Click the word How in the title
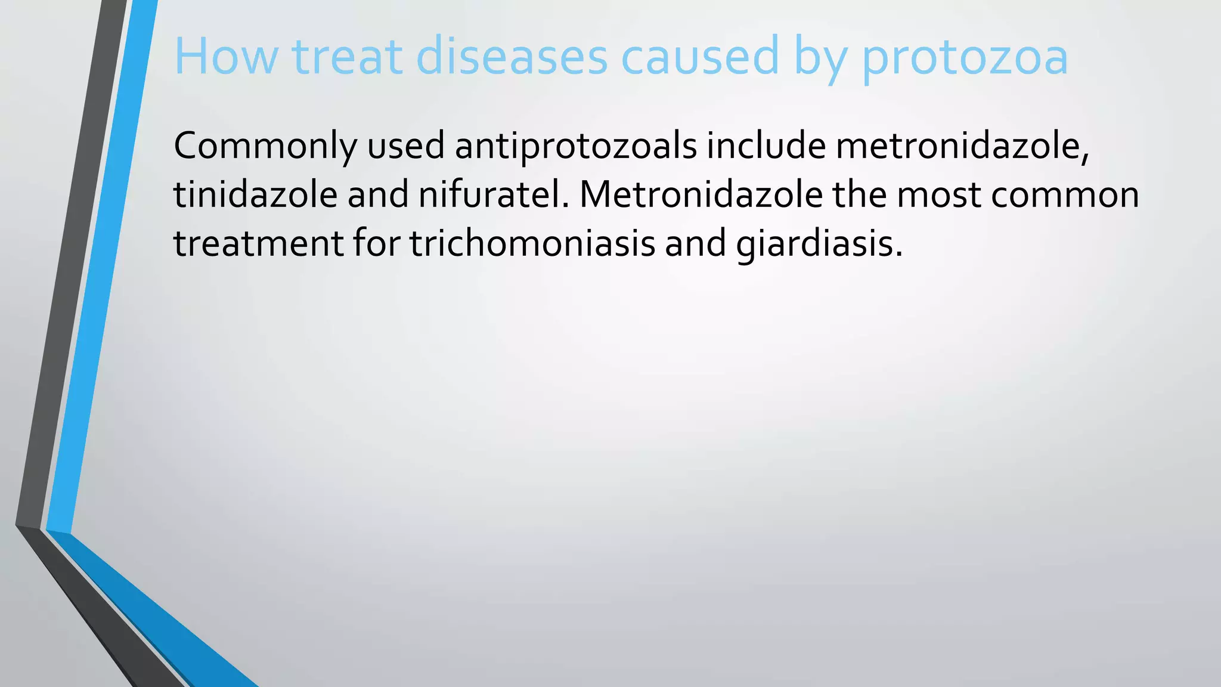[226, 57]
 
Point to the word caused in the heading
[700, 57]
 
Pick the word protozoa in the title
[965, 60]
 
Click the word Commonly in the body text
[265, 146]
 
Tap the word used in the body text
[405, 146]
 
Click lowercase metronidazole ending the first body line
[962, 146]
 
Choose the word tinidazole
[255, 195]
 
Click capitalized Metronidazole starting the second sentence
[701, 195]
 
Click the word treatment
[258, 244]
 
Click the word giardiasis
[819, 245]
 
